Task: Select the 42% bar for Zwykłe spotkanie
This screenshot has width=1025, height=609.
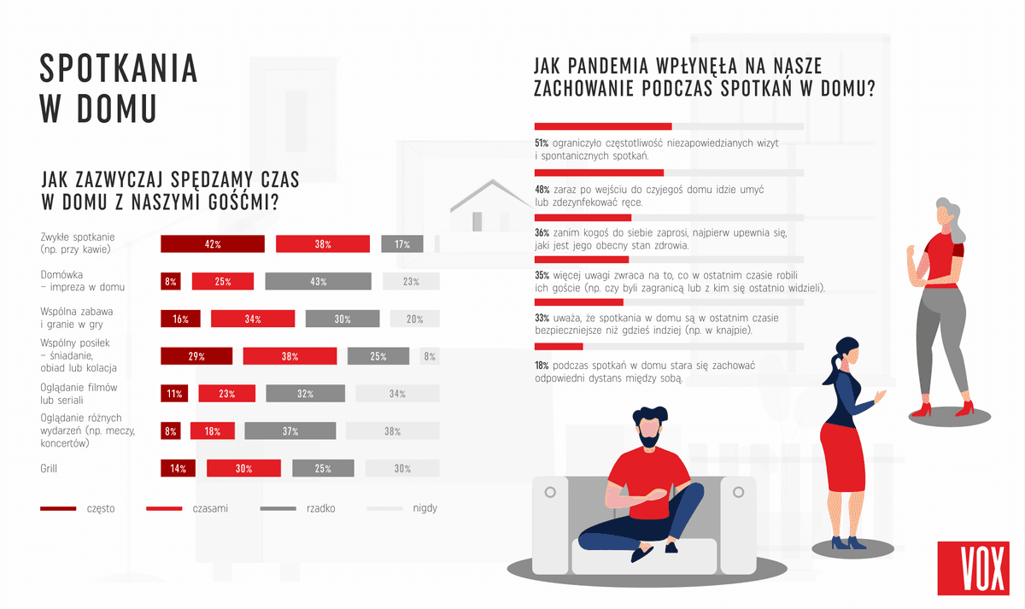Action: pos(213,243)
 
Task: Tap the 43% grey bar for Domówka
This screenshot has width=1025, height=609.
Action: pos(318,281)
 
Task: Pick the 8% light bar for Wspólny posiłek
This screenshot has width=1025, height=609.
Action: pos(430,356)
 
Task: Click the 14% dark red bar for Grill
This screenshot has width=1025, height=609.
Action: pos(179,468)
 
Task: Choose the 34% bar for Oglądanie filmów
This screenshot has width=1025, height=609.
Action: pos(397,393)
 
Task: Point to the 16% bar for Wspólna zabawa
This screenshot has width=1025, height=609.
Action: pos(180,319)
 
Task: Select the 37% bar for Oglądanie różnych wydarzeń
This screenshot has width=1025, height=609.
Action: pos(290,430)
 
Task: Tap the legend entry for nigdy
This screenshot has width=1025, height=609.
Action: pos(402,508)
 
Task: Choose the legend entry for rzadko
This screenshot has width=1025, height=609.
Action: pos(298,508)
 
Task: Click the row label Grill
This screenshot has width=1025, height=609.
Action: pos(50,468)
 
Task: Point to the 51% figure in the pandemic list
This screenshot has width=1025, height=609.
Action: pos(541,143)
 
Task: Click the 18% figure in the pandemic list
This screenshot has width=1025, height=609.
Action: pos(541,366)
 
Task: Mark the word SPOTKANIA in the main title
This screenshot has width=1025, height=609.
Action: pos(119,68)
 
